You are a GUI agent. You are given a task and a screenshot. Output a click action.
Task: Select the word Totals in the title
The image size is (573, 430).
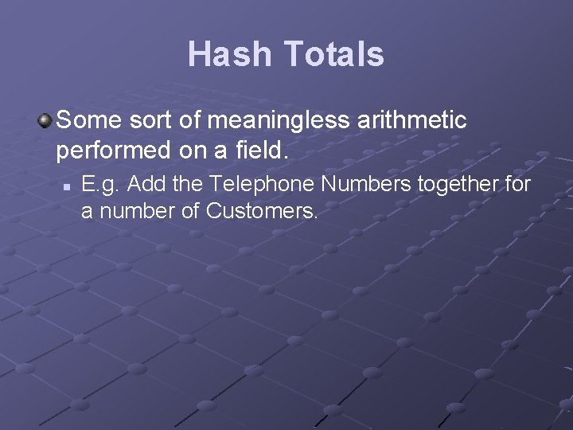(333, 55)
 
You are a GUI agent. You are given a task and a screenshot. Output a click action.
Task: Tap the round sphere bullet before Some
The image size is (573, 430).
(45, 121)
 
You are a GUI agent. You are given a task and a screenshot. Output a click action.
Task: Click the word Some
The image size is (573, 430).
(87, 121)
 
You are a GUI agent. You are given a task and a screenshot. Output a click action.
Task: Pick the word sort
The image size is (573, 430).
(145, 121)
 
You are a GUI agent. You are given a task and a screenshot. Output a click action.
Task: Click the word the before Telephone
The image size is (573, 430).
(184, 185)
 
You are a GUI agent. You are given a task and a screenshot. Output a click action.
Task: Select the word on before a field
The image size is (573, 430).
(194, 148)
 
